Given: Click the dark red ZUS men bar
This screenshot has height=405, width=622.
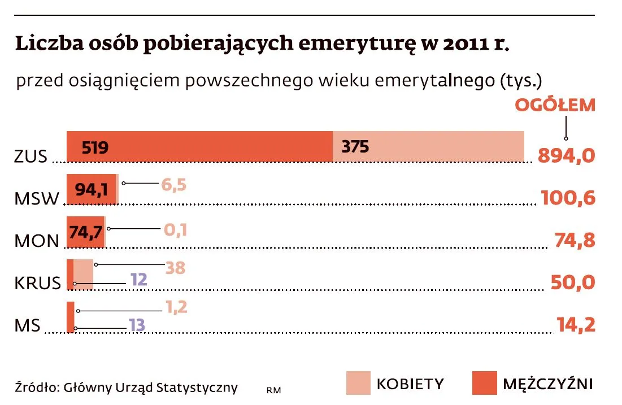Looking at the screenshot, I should point(199,147).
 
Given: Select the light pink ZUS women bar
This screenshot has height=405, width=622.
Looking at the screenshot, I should point(428,147).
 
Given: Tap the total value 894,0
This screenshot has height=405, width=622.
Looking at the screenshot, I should point(566,155).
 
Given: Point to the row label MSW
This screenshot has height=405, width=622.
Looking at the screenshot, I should point(37,199).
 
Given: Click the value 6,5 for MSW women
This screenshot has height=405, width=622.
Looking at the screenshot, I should point(173,185).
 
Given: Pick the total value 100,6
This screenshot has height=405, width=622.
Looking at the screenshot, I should point(568,198).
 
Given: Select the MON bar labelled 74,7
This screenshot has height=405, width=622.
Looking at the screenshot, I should point(85,232).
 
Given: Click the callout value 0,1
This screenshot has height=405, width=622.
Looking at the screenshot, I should point(176,230).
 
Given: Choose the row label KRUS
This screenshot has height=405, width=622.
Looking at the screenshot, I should point(37,282).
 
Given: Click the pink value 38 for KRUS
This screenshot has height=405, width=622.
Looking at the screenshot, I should point(175,268).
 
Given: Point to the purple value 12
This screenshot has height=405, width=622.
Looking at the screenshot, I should point(138,280).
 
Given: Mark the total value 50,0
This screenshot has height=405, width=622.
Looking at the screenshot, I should point(572,282).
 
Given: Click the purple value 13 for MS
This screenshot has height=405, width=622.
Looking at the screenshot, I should point(137,325).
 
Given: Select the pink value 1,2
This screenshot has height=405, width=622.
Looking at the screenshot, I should point(176,307).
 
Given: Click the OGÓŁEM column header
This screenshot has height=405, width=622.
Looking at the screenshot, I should point(554,106).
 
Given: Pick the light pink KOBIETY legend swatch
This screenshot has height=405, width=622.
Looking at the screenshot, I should point(358,383).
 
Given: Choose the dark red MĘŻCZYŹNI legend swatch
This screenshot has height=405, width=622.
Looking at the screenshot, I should point(484,383).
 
